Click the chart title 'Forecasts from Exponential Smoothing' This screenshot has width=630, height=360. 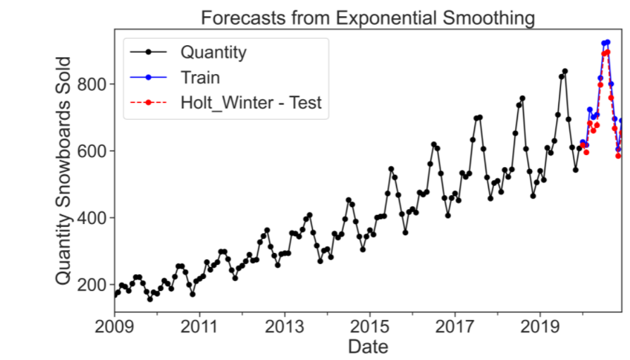point(367,18)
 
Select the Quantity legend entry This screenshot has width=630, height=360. point(213,52)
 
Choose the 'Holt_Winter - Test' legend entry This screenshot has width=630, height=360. point(251,103)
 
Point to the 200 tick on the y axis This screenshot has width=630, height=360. point(92,285)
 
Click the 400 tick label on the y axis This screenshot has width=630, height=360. point(92,218)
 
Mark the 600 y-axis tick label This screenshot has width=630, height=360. point(92,151)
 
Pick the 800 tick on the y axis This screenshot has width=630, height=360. point(92,84)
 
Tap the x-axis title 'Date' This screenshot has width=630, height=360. point(367,347)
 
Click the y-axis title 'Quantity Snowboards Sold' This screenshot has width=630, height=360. point(63,171)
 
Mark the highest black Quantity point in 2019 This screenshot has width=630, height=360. point(564,71)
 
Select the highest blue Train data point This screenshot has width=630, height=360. point(607,42)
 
